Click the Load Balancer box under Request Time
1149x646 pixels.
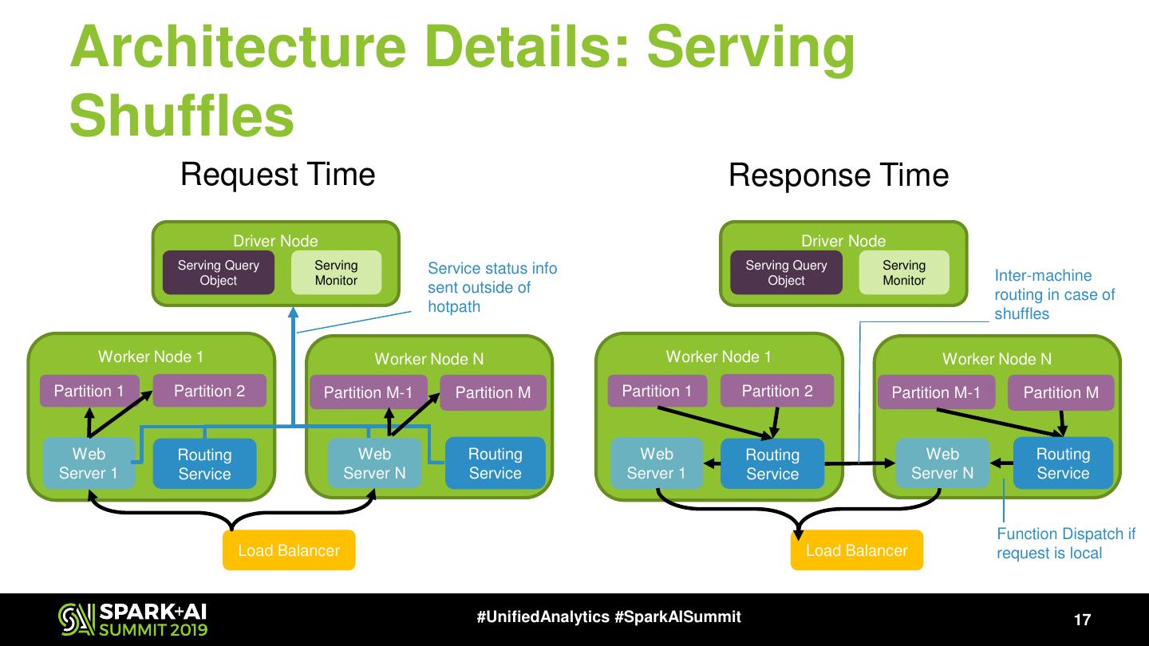click(289, 550)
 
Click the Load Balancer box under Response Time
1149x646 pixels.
click(856, 550)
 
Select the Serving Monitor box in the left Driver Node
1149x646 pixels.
click(336, 273)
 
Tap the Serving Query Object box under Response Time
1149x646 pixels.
click(786, 273)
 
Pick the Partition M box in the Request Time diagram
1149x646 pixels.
click(492, 392)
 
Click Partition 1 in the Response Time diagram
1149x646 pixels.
click(657, 391)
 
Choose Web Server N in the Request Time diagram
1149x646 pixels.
click(374, 463)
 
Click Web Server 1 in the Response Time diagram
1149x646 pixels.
click(657, 463)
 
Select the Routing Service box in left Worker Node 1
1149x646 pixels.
click(204, 464)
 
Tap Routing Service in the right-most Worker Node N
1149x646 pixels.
click(1063, 463)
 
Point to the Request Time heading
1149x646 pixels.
click(278, 175)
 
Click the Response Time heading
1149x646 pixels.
click(839, 175)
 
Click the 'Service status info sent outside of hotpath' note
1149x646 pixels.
click(492, 287)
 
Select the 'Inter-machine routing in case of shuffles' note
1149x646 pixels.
click(1054, 294)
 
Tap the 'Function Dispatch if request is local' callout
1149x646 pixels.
click(1065, 543)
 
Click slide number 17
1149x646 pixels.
click(1082, 620)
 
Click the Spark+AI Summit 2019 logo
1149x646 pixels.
click(132, 620)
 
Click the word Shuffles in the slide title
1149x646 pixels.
click(182, 116)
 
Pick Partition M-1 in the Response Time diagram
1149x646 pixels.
click(935, 392)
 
